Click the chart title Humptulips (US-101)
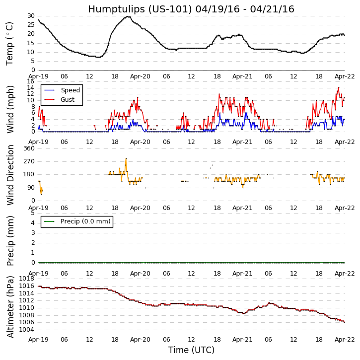(191, 9)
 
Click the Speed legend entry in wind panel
(70, 90)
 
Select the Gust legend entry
(67, 100)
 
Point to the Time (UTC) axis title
(191, 350)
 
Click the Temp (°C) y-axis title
(10, 43)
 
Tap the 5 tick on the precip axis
(33, 213)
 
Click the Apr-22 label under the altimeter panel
(345, 339)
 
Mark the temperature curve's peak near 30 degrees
(128, 16)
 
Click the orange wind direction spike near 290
(126, 159)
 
